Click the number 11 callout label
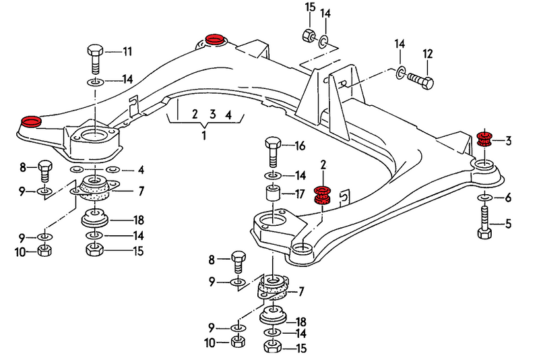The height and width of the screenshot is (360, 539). click(127, 51)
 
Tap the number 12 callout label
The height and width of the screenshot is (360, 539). click(427, 53)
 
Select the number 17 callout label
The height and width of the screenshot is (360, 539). click(300, 195)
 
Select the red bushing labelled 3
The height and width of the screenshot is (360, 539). click(483, 140)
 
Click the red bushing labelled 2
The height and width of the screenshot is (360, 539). click(323, 195)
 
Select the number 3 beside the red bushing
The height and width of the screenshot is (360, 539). click(508, 141)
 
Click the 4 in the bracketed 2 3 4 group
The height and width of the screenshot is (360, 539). click(228, 115)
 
